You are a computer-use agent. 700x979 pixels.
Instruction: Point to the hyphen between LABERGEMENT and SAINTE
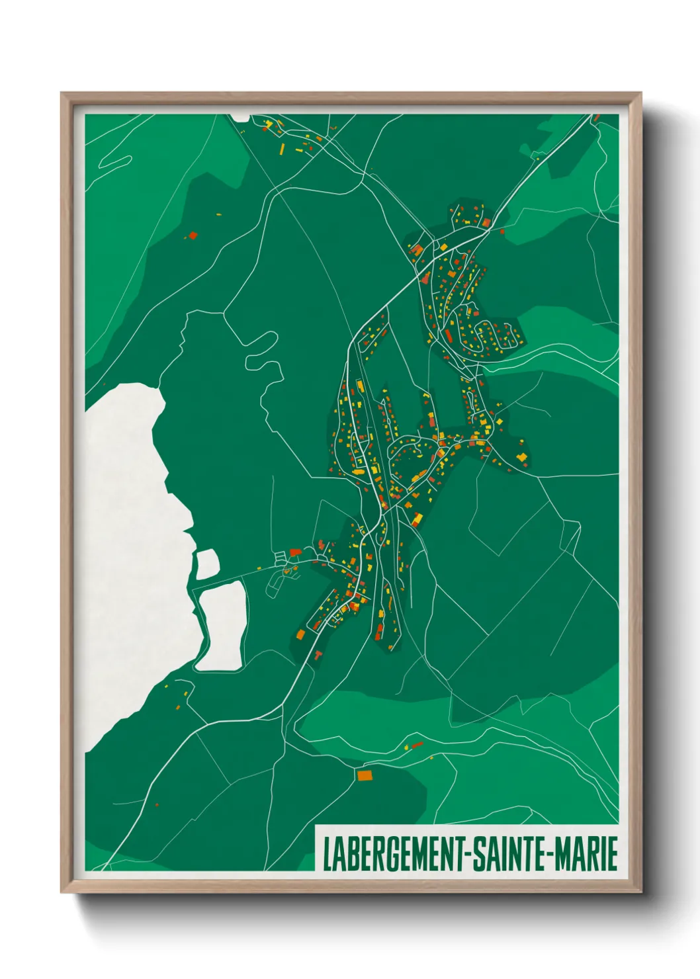tap(469, 854)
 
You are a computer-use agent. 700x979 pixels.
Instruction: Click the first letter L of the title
tap(326, 854)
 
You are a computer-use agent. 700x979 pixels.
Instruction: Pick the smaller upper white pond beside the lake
tap(207, 564)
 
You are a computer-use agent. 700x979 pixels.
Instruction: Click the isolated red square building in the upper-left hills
tap(193, 235)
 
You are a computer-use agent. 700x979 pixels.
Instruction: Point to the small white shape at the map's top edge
tap(240, 118)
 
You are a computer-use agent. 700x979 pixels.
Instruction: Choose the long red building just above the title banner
tap(417, 745)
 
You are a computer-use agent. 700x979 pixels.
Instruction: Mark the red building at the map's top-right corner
tap(596, 118)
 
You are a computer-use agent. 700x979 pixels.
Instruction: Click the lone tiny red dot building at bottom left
tap(157, 805)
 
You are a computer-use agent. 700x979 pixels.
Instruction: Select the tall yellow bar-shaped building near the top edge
tap(282, 148)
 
